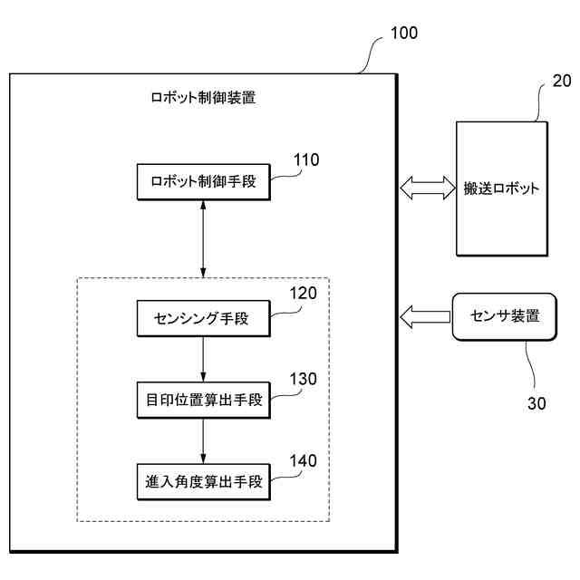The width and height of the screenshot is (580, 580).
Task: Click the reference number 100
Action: coord(404,33)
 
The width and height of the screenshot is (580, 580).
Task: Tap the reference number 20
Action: coord(562,81)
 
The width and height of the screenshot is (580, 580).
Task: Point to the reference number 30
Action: coord(536,403)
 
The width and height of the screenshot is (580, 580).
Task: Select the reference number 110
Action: coord(306,159)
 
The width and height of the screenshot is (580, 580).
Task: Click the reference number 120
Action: coord(303,294)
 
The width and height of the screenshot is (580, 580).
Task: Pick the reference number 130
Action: coord(303,379)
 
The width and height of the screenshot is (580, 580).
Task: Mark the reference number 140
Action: coord(303,461)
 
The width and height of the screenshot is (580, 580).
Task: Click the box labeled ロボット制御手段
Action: coord(203,182)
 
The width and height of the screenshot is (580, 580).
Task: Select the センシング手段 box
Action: coord(203,318)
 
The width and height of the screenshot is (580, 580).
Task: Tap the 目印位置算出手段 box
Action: coord(203,401)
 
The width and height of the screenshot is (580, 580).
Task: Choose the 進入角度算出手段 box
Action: coord(203,482)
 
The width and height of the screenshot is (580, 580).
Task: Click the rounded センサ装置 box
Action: coord(505,316)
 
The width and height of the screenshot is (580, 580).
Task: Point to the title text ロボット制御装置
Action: coord(203,98)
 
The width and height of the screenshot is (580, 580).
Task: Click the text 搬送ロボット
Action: coord(501,188)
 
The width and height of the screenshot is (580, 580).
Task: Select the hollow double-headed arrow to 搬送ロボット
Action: coord(428,188)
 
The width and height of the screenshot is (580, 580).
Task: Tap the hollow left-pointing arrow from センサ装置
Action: coord(425,317)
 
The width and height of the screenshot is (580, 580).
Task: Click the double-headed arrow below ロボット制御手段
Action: coord(203,239)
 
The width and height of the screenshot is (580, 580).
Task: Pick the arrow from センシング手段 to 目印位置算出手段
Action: coord(203,359)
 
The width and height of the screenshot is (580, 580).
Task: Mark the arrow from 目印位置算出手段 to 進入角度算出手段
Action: coord(203,441)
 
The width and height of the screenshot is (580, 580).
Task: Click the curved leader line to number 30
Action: coord(532,364)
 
